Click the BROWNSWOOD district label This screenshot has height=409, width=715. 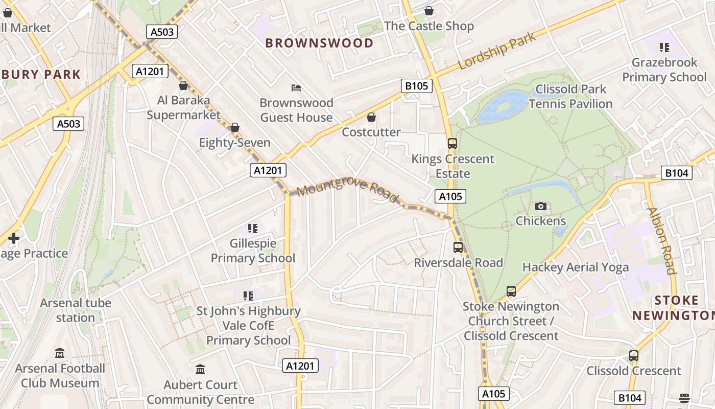tap(319, 43)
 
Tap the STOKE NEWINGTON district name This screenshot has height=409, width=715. tap(673, 308)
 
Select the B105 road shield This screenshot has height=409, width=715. tap(416, 86)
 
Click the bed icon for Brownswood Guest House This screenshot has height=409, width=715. tap(296, 88)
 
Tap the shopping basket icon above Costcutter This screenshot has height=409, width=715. tap(371, 118)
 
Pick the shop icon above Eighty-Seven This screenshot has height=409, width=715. tap(235, 127)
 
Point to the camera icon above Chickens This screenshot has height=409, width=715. tap(540, 206)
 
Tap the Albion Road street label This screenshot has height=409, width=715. tap(661, 240)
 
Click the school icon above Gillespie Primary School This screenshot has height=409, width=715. tap(252, 228)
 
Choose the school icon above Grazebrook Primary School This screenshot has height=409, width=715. tap(664, 48)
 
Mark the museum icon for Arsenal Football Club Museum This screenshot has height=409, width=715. tap(60, 353)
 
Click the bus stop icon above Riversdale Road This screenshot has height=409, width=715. tap(458, 247)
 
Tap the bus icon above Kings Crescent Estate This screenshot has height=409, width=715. tap(452, 144)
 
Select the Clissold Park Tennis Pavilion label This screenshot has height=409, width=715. tap(570, 96)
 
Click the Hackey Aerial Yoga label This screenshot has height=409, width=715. tap(576, 267)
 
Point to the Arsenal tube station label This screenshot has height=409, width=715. tap(76, 310)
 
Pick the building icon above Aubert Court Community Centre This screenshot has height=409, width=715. tap(200, 369)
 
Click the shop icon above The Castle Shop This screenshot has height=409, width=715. tap(429, 11)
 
